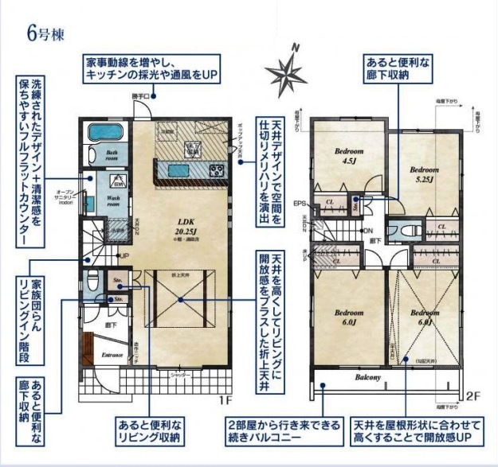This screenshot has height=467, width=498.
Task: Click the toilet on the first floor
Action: tap(92, 281)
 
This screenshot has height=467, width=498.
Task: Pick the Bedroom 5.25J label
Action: tap(423, 173)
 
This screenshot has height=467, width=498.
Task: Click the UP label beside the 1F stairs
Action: tap(124, 255)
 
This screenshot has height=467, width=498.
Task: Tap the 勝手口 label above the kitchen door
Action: tap(141, 96)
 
